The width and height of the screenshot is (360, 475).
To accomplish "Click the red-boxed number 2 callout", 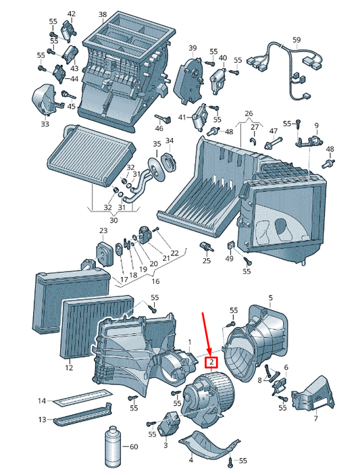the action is pos(211,361).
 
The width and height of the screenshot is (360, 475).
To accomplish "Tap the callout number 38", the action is pos(103,14).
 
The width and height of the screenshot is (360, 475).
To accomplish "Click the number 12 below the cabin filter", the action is pos(69,368).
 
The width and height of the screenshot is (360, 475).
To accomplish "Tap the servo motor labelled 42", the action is pos(67,30).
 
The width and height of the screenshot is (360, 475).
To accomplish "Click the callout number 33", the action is pos(45,124).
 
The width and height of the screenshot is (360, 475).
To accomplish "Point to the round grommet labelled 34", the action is pos(170,161).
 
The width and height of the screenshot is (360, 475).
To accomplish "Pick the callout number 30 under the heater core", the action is pos(113,220).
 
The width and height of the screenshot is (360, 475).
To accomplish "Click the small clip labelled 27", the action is pos(253,141).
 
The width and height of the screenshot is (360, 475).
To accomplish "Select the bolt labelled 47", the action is pos(273,143).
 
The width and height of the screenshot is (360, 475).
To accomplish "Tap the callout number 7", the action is pos(316,418).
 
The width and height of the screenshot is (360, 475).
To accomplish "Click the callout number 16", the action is pos(155,281).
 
